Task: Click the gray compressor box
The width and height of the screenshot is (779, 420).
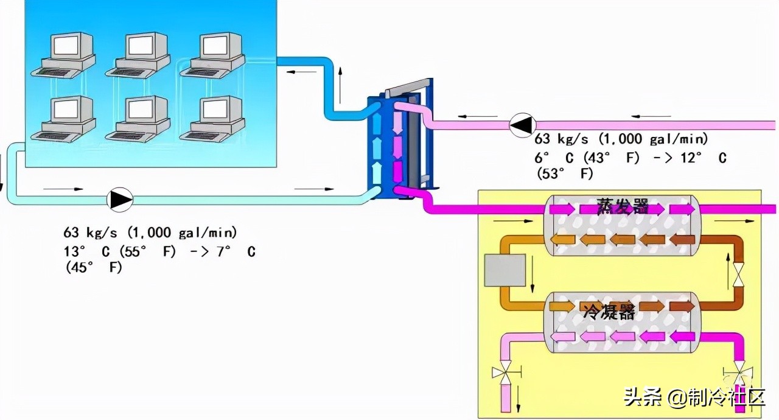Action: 504,270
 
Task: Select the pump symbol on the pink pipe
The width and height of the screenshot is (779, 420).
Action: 520,125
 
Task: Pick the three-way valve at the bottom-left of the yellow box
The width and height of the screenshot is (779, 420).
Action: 506,373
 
